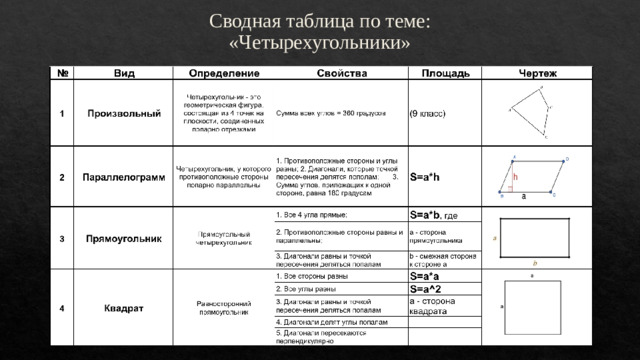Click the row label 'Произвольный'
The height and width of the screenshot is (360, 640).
click(x=124, y=113)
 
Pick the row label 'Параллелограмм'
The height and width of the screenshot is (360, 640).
click(x=124, y=177)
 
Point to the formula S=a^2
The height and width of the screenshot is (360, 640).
click(x=427, y=289)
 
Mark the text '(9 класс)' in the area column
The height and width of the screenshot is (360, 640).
click(x=428, y=113)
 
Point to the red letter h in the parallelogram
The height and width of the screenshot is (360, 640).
click(x=515, y=176)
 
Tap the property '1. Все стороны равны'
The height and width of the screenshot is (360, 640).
click(x=312, y=276)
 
